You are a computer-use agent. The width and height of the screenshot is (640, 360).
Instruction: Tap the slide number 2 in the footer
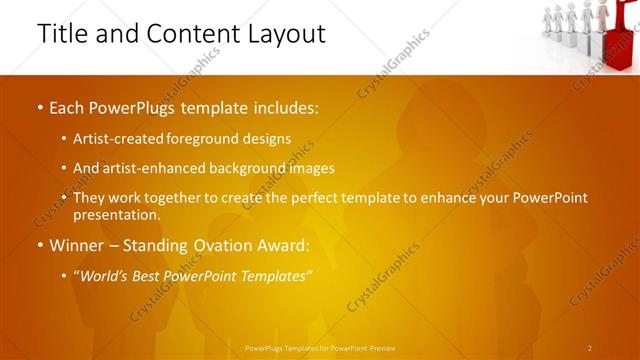(590, 348)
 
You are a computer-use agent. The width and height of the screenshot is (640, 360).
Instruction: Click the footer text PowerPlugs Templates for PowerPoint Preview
(320, 348)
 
